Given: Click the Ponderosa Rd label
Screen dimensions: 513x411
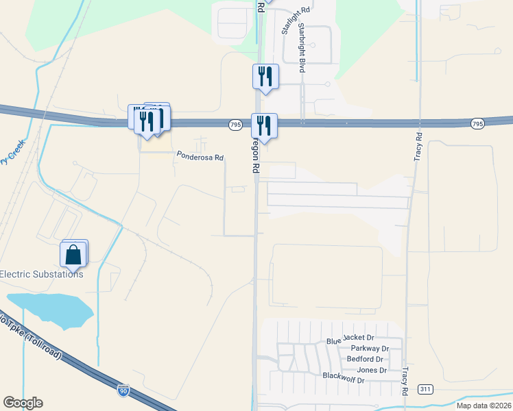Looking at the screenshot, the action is (x=200, y=157).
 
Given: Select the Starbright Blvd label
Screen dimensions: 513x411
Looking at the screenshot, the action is (x=301, y=48).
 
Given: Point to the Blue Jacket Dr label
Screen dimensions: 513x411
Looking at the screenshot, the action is (x=350, y=338).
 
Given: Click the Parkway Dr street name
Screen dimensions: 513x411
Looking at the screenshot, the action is (x=370, y=349).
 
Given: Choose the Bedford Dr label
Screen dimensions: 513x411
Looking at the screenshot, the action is (x=365, y=359).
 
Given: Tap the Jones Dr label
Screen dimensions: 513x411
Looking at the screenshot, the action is (x=372, y=370).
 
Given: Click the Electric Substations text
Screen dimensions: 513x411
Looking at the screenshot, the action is (x=41, y=274).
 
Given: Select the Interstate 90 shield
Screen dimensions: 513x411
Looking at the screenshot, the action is (x=123, y=390).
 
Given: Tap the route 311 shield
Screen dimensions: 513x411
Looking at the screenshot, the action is (x=425, y=389).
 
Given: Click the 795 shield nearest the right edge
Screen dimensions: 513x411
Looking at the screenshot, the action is (x=478, y=123).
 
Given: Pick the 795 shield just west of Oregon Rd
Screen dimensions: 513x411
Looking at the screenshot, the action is (x=235, y=124).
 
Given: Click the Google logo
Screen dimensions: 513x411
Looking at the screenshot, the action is (x=23, y=403).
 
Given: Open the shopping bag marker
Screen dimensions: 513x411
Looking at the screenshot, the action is (x=73, y=254).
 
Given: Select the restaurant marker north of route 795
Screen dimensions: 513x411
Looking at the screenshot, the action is (x=265, y=77).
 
